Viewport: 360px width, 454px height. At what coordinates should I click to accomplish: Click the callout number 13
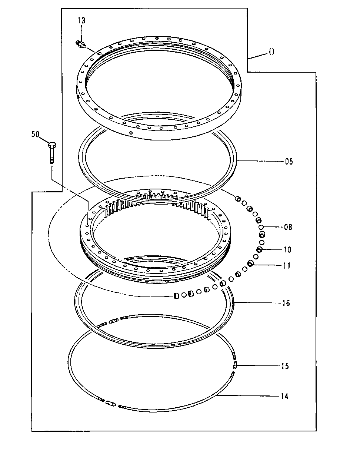[81, 21]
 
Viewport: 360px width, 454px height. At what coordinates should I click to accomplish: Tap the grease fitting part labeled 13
[80, 44]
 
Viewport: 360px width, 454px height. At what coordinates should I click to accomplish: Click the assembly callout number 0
[271, 52]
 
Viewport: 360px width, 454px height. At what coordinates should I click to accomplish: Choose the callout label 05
[289, 162]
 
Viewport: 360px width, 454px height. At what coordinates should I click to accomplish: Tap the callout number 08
[288, 227]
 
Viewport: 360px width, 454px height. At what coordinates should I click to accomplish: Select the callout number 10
[287, 250]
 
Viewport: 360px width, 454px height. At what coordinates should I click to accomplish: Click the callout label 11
[287, 266]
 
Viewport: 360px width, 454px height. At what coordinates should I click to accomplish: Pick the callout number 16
[286, 303]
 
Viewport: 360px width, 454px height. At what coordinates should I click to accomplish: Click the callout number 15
[284, 366]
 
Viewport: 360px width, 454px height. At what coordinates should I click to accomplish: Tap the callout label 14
[284, 396]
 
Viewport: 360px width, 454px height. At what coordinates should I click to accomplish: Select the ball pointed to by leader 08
[261, 227]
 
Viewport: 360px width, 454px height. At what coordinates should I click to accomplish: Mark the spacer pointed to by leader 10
[259, 250]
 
